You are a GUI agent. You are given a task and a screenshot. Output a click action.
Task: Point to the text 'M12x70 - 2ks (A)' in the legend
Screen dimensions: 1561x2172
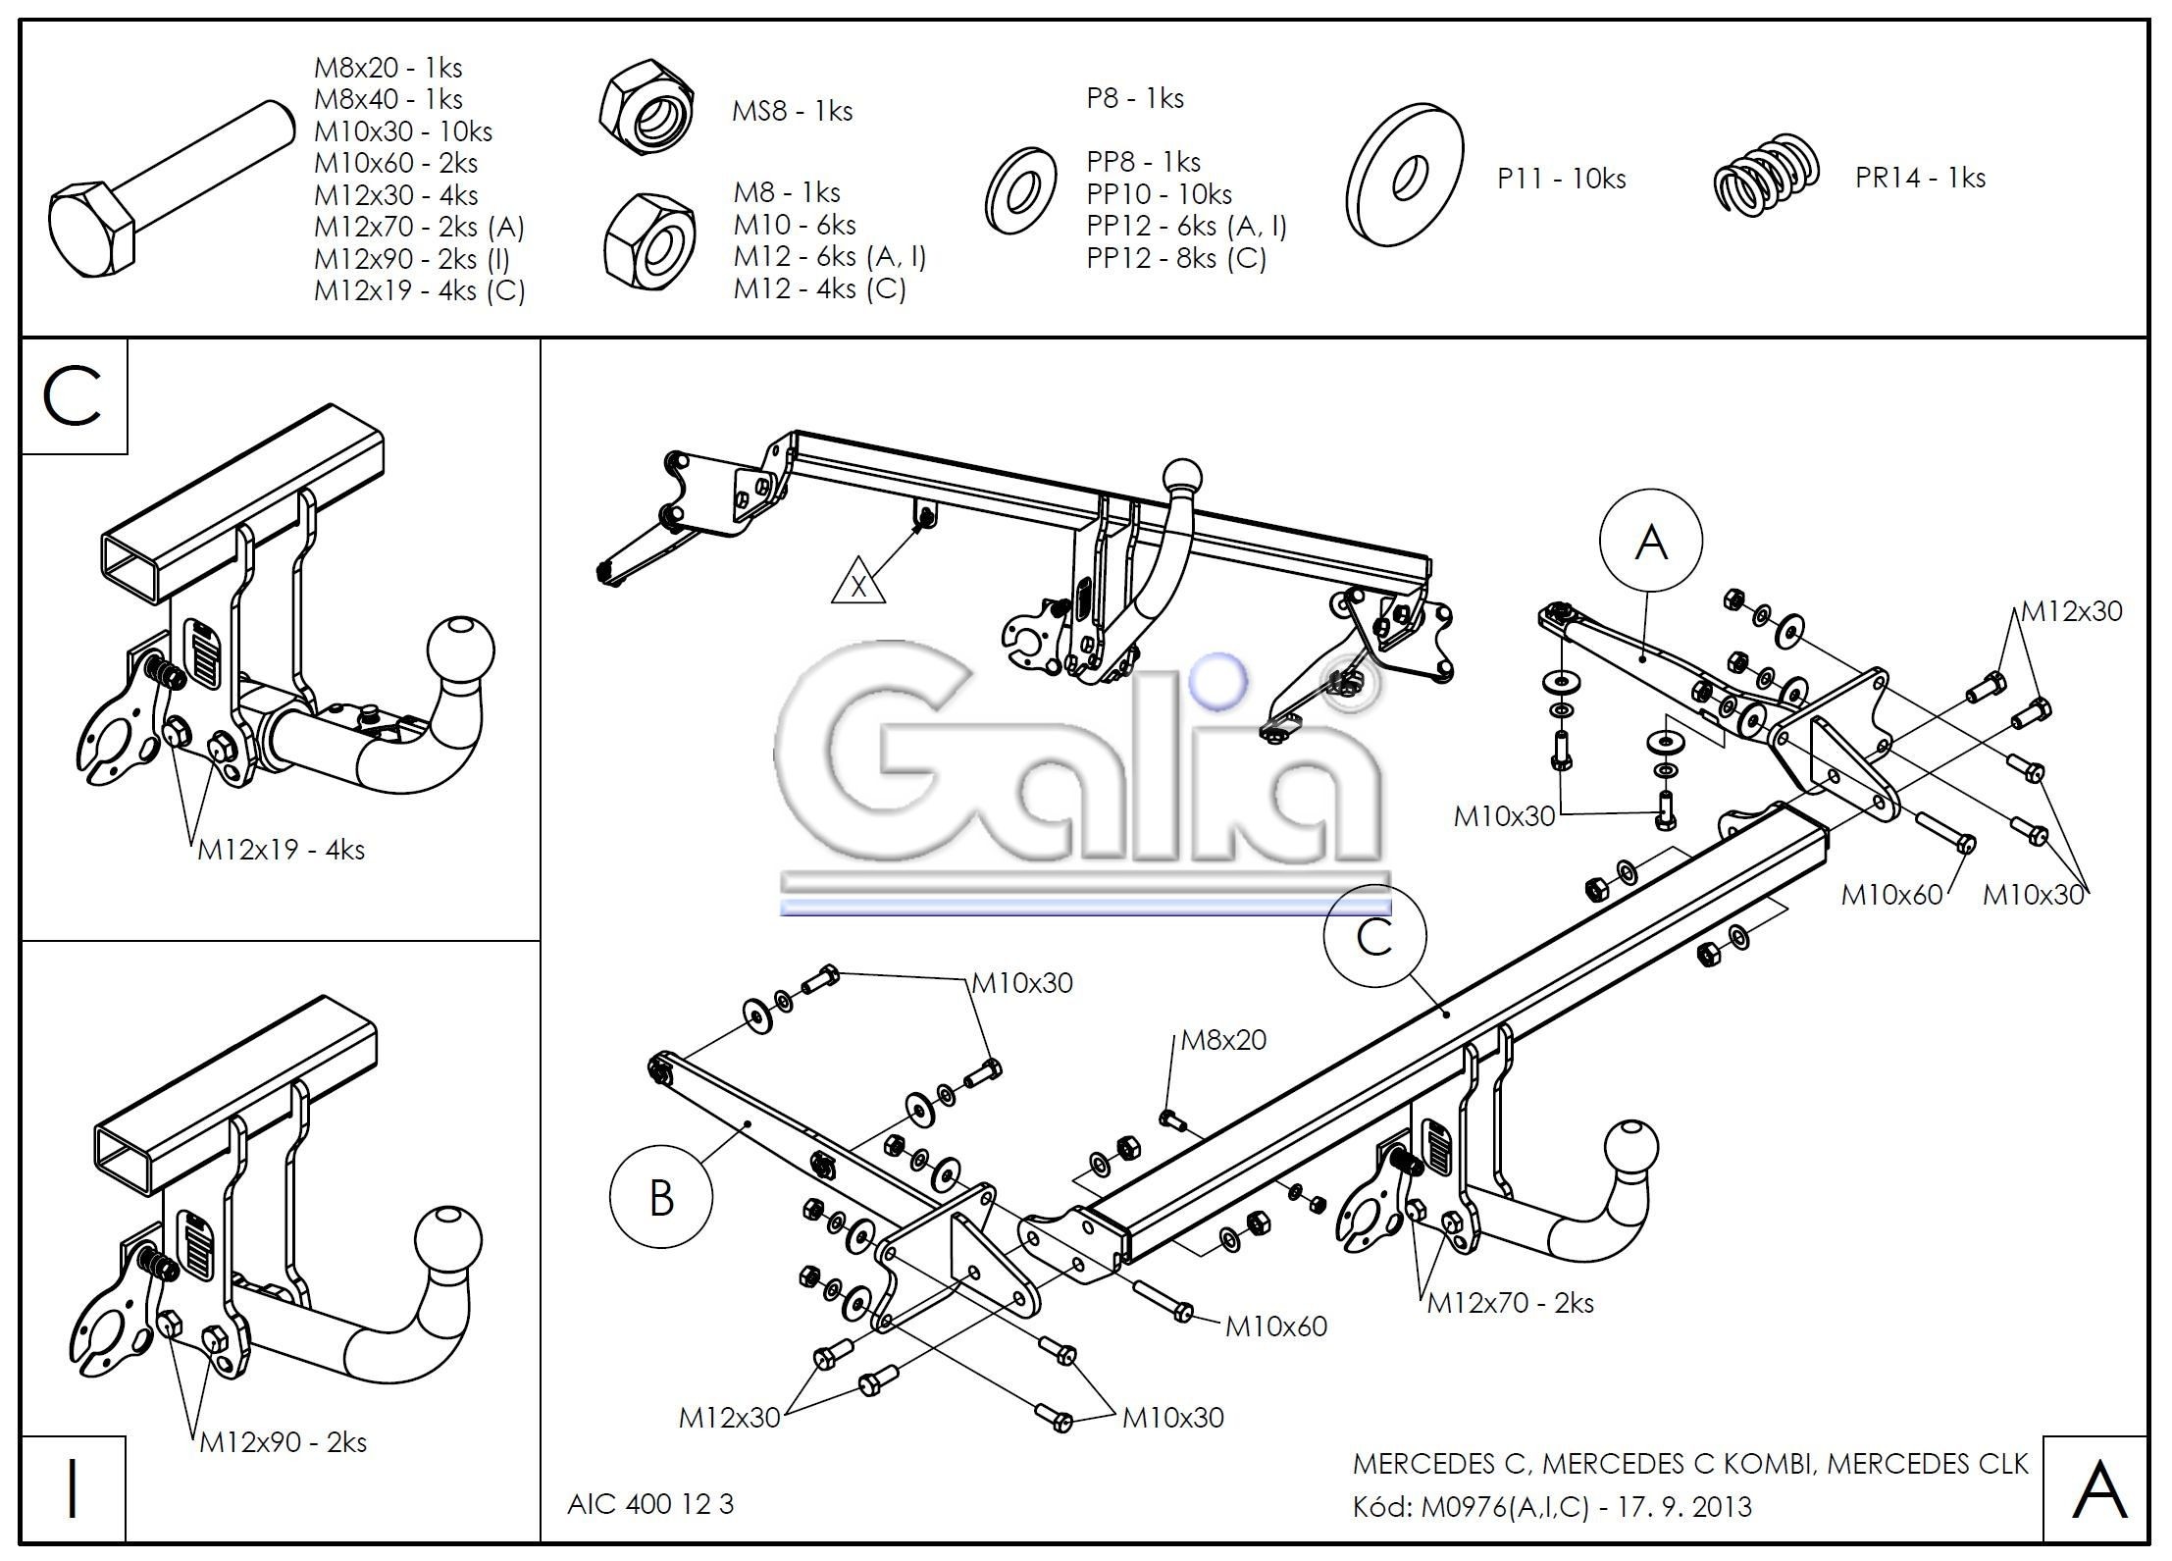(x=419, y=227)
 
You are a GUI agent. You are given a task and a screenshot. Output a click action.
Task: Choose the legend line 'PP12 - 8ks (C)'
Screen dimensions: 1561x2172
(x=1176, y=258)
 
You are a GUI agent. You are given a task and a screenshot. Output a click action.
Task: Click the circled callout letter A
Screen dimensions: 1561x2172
(x=1651, y=542)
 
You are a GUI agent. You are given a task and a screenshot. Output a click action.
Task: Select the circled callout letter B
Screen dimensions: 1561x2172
(x=661, y=1198)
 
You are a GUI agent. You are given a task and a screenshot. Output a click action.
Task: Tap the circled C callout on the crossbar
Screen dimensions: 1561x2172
(x=1374, y=936)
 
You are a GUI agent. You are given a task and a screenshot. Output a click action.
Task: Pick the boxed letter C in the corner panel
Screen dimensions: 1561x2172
(x=73, y=396)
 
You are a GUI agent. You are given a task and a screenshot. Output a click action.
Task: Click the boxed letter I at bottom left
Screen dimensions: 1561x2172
(x=72, y=1488)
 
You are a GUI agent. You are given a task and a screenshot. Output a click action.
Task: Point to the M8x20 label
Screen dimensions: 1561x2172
(x=1222, y=1039)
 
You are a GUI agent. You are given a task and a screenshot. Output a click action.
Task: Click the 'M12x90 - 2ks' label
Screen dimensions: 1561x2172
(x=283, y=1441)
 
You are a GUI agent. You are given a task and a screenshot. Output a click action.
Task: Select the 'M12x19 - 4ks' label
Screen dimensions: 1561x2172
(x=281, y=849)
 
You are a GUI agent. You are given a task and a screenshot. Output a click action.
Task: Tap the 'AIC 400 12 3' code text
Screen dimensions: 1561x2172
(x=649, y=1504)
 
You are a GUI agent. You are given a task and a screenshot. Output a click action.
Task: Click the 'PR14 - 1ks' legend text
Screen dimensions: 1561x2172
(x=1919, y=178)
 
